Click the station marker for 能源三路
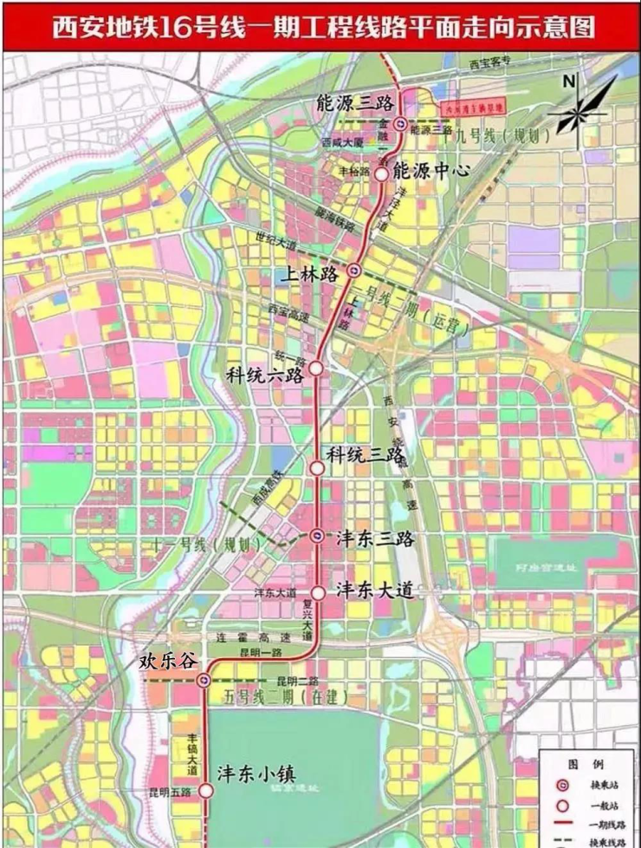tap(400, 124)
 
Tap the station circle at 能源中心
tap(380, 173)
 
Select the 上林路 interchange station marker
tap(355, 271)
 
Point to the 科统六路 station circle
tap(317, 369)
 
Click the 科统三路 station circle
tap(317, 467)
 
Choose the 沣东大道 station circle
tap(318, 593)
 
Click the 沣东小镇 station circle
tap(206, 791)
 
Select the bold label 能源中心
tap(431, 170)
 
